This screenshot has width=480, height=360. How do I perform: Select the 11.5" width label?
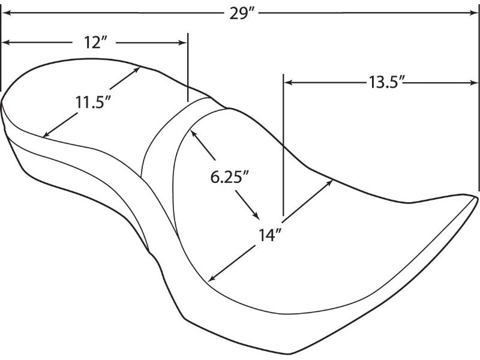(x=93, y=102)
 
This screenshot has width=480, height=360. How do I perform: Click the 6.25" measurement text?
(x=229, y=176)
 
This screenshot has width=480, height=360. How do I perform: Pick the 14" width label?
(x=269, y=235)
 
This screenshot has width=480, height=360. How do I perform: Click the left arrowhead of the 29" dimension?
(x=7, y=13)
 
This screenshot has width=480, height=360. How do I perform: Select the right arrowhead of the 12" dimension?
(x=182, y=43)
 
